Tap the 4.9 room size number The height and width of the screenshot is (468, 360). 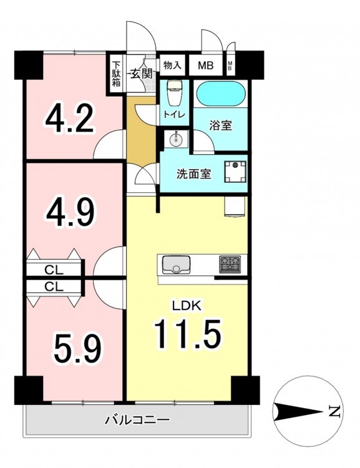(x=70, y=213)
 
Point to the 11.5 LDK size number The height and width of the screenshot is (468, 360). (x=187, y=334)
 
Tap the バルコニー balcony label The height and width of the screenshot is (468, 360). (x=137, y=420)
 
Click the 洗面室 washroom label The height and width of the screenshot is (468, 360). (x=194, y=173)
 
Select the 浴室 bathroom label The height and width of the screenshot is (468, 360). (x=221, y=125)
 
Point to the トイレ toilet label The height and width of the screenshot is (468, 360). (x=174, y=114)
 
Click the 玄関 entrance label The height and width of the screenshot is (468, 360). (x=141, y=74)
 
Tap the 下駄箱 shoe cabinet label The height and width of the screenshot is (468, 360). (x=116, y=74)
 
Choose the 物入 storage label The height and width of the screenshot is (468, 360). (x=172, y=65)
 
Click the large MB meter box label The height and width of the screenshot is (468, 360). (x=206, y=66)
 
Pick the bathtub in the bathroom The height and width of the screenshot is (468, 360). (x=221, y=94)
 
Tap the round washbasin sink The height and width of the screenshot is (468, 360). (x=176, y=139)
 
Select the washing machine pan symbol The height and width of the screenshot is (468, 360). (x=235, y=172)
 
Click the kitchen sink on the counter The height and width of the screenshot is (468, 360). (x=176, y=265)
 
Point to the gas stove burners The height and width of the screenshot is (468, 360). (x=230, y=265)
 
